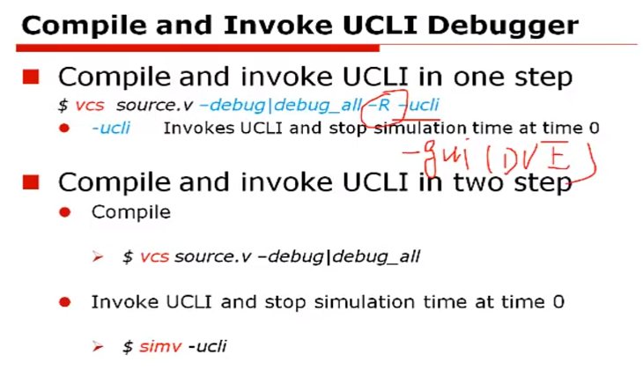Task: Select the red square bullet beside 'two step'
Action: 31,182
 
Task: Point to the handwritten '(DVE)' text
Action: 528,160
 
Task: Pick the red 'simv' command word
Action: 159,346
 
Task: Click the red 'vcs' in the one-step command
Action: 89,106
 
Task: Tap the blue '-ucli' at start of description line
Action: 111,129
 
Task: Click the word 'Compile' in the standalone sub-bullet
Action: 130,212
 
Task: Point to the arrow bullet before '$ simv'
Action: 99,346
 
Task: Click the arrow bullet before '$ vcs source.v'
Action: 99,257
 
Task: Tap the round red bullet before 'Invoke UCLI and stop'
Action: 63,302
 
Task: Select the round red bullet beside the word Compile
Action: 63,212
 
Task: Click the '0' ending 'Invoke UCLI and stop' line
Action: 558,302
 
